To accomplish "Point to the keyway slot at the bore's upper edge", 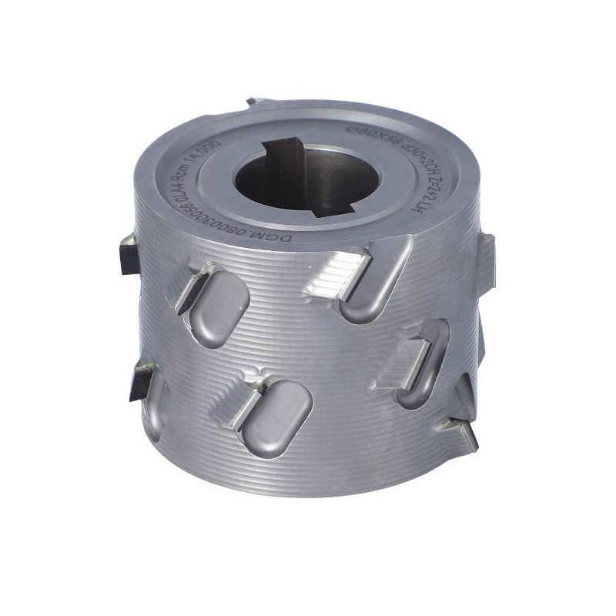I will coord(284,146).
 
